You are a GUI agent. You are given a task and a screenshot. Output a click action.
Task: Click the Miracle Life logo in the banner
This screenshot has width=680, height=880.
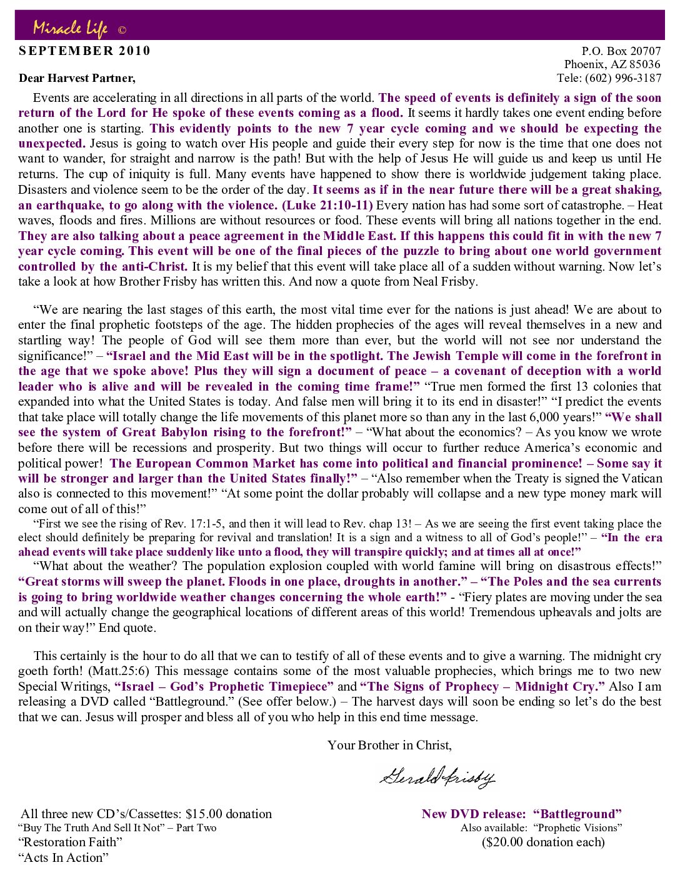pos(71,27)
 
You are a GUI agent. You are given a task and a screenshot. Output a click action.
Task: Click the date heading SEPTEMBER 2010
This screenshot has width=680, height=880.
pos(85,51)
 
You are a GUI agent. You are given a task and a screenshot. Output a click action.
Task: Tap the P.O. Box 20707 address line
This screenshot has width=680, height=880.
pos(621,51)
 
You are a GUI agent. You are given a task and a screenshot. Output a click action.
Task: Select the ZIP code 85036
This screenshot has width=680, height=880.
pos(644,64)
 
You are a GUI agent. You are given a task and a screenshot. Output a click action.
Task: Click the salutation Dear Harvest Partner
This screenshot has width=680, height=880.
pos(77,78)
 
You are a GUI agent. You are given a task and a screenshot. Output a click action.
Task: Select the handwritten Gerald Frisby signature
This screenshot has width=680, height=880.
pos(436,776)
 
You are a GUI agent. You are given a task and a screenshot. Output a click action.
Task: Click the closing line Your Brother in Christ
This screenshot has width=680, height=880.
pos(389,745)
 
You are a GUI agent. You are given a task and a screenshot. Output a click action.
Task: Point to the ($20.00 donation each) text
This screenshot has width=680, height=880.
pos(543,842)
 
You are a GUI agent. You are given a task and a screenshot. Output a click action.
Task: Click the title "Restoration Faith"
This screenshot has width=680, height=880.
pos(70,842)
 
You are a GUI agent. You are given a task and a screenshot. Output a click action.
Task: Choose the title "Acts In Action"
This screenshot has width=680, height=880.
pos(63,857)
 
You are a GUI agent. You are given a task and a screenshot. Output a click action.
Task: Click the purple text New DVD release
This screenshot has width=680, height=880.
pos(474,814)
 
